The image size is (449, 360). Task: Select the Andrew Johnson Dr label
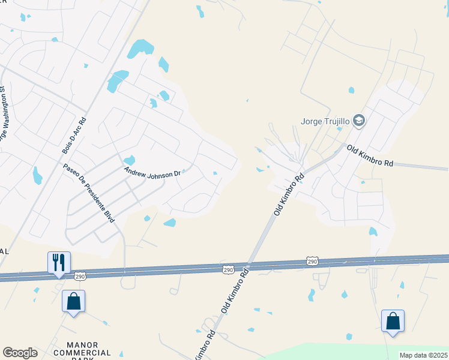(x=152, y=172)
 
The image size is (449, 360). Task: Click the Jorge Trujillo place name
(x=325, y=121)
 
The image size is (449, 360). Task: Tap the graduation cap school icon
(x=360, y=121)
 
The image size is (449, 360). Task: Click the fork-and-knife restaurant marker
(x=59, y=262)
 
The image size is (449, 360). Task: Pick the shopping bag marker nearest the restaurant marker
(x=73, y=301)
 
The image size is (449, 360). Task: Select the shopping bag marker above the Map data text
(x=393, y=320)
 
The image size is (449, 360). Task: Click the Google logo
(x=20, y=353)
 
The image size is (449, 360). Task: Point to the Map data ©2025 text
(x=424, y=355)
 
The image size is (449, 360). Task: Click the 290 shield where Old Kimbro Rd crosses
(x=228, y=269)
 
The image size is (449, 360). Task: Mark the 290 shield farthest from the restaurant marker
(x=312, y=261)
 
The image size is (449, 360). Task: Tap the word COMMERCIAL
(x=82, y=353)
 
